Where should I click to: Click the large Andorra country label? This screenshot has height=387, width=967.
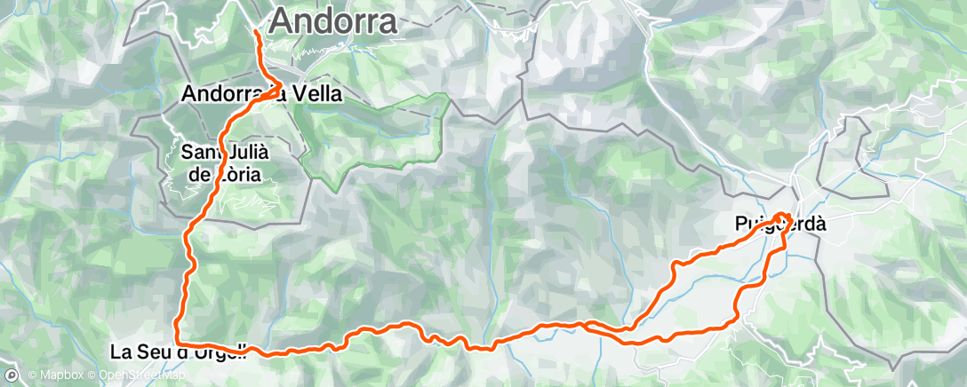coord(332,21)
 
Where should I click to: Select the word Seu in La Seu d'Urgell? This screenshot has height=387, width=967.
coord(153,351)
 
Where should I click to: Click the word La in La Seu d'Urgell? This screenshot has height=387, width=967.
coord(122,351)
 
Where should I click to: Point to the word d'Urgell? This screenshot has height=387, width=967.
coord(207,351)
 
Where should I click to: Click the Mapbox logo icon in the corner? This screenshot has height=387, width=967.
coord(12,375)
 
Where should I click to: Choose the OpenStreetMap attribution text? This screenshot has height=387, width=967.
coord(142,375)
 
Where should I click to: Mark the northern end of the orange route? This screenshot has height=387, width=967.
coord(257,33)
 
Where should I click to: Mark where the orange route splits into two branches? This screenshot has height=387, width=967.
coord(587,325)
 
